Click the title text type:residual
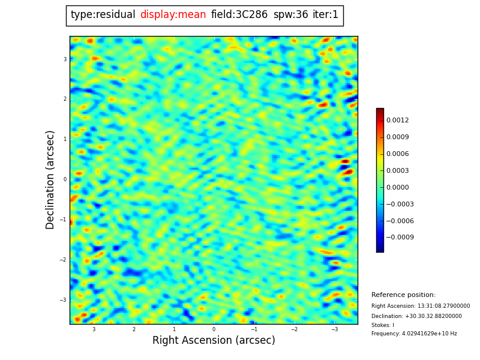(103, 15)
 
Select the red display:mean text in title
(173, 15)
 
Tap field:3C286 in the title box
(239, 15)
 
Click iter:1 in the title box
(325, 15)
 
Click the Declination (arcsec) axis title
(50, 179)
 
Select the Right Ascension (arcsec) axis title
(214, 341)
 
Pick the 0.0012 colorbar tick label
(397, 120)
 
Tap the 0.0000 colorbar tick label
(397, 187)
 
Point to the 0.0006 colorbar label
(397, 154)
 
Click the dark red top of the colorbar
(380, 111)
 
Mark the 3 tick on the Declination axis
(65, 59)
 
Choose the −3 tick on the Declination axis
(63, 300)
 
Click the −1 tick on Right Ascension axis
(254, 329)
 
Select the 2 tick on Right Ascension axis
(134, 329)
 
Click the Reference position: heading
(403, 295)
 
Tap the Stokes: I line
(383, 325)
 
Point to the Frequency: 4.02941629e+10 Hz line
(414, 334)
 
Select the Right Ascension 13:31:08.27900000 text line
(421, 306)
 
